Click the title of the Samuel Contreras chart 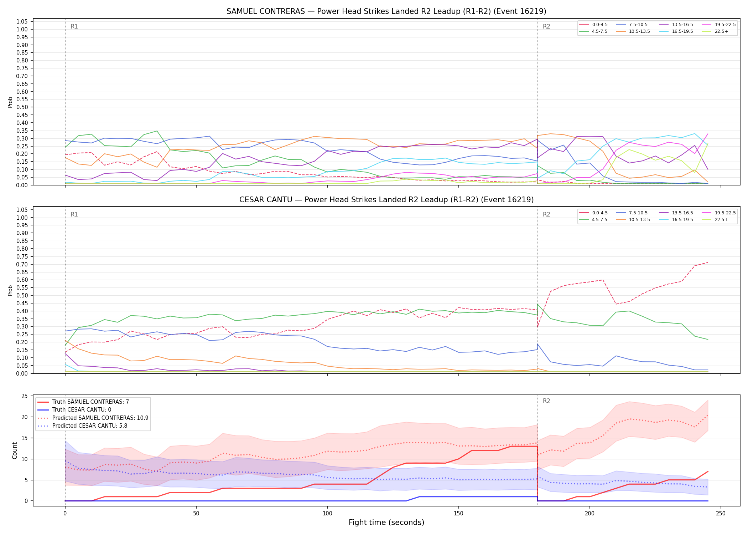(386, 11)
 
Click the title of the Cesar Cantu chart (386, 200)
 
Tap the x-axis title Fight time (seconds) (386, 523)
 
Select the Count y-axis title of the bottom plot (15, 450)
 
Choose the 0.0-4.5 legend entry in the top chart (593, 25)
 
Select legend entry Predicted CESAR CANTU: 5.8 (82, 426)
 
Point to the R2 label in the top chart (546, 26)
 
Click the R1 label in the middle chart (74, 214)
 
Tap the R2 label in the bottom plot (546, 401)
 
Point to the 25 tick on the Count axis (25, 396)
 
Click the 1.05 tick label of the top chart (22, 21)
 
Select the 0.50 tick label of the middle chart (22, 295)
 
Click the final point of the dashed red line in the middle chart (708, 263)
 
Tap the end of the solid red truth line (708, 472)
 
